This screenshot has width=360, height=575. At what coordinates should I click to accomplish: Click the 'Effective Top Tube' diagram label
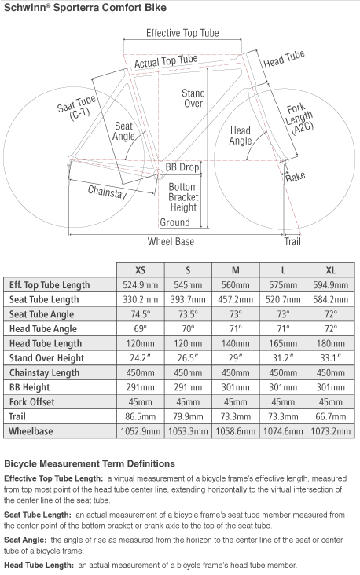point(182,33)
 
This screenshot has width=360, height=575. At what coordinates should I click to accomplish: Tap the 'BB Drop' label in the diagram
point(182,167)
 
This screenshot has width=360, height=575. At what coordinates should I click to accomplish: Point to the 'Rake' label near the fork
point(296,177)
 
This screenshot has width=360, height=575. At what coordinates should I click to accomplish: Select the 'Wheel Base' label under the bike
point(171,241)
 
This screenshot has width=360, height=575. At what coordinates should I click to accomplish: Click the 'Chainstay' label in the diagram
point(107,192)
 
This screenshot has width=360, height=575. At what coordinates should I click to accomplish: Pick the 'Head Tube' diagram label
point(285,59)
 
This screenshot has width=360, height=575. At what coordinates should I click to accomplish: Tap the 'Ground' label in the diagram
point(174,222)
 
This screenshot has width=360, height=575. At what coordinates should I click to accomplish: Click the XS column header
point(140,270)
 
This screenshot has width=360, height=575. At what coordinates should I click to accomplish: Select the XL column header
point(331,270)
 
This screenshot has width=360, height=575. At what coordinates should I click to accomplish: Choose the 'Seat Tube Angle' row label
point(42,314)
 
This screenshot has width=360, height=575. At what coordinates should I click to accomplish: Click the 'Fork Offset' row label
point(32,402)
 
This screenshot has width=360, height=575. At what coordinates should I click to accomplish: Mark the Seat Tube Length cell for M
point(236,299)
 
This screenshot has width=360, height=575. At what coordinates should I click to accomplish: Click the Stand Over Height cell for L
point(283,358)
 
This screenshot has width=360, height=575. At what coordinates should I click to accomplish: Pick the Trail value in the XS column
point(140,416)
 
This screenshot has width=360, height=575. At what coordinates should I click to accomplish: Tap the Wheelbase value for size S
point(188,431)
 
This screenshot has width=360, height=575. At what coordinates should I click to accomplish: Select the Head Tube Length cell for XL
point(331,343)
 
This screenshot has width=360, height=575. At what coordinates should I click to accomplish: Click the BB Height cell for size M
point(236,387)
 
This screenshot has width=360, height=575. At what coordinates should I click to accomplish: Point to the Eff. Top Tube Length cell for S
point(188,285)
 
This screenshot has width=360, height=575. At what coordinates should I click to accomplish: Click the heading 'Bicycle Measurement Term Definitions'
point(90,463)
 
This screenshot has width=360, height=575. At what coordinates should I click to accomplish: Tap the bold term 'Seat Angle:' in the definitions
point(25,540)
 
